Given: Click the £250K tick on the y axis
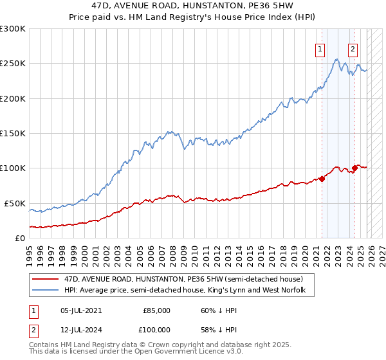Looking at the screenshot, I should pyautogui.click(x=13, y=64).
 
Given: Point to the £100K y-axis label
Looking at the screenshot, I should pyautogui.click(x=13, y=168).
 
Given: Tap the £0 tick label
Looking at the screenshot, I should pyautogui.click(x=19, y=238).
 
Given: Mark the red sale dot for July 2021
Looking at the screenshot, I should pyautogui.click(x=322, y=179).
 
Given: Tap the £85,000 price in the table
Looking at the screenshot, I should pyautogui.click(x=157, y=310).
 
